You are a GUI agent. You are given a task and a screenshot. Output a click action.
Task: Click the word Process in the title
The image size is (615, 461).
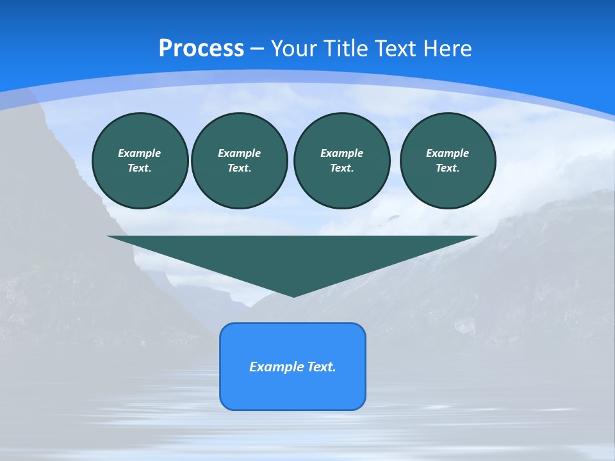(201, 49)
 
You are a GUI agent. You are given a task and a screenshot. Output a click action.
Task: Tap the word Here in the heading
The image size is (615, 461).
(447, 49)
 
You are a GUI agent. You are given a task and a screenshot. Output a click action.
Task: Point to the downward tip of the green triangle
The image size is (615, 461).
(293, 295)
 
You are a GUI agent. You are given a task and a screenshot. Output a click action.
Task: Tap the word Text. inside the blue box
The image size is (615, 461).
(322, 367)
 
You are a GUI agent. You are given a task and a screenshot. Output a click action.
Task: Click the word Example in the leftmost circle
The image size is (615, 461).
(140, 153)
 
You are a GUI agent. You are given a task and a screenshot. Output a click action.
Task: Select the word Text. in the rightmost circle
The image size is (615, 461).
(447, 168)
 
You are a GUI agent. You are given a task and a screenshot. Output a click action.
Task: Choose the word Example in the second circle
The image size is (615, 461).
(239, 153)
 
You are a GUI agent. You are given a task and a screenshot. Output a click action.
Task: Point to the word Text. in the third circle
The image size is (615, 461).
(341, 168)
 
